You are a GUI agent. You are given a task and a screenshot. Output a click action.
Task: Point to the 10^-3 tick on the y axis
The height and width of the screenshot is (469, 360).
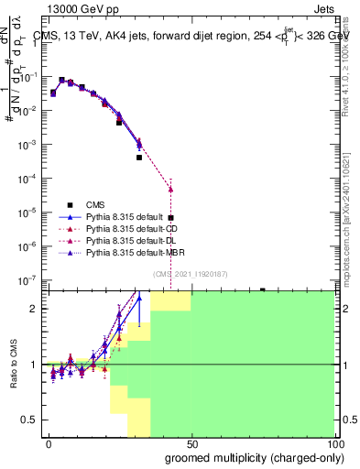click(x=32, y=145)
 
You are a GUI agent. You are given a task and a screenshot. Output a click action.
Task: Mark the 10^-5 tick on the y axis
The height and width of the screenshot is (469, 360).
click(x=32, y=213)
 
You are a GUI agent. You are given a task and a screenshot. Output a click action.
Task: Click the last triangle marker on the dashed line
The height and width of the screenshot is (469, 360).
click(x=170, y=190)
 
